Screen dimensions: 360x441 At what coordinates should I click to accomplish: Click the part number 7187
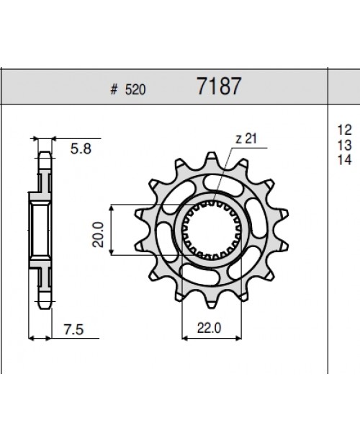219,86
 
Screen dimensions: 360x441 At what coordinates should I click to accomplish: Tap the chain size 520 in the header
135,90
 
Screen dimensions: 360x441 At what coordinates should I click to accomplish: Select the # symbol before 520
114,90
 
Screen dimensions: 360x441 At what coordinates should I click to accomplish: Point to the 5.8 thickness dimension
81,148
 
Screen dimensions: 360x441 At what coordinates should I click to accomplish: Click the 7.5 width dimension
73,329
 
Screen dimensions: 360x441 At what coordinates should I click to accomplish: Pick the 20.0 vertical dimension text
98,235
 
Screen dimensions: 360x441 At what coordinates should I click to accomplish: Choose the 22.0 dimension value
209,328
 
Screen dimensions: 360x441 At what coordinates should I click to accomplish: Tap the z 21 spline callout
246,138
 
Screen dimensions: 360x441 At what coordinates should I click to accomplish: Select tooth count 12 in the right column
344,130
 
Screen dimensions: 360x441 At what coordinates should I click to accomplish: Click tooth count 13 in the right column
344,145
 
